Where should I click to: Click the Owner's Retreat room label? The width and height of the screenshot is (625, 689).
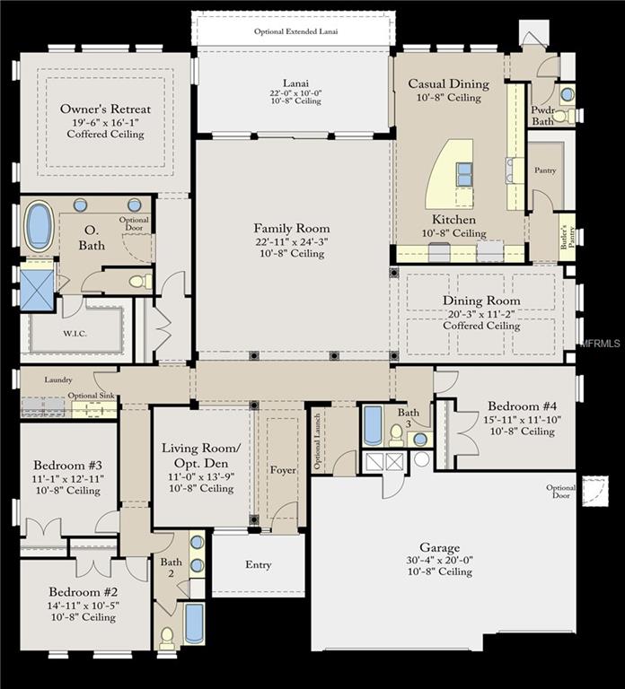click(x=105, y=109)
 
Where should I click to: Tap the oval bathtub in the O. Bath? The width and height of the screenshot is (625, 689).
click(x=39, y=226)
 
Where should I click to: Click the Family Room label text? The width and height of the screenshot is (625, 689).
click(x=291, y=229)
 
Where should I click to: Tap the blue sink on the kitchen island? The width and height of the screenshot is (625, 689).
click(x=464, y=174)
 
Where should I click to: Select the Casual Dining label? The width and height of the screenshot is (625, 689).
click(x=449, y=84)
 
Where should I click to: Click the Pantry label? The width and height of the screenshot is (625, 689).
click(x=545, y=170)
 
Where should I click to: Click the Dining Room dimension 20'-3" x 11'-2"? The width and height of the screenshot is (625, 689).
click(x=481, y=314)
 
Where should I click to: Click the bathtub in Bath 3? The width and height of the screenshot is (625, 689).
click(x=373, y=425)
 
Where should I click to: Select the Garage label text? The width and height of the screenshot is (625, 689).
click(x=439, y=547)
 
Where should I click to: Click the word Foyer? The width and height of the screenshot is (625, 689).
click(x=283, y=470)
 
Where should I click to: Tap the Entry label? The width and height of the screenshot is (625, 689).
click(x=259, y=565)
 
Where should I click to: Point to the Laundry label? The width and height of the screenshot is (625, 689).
click(x=58, y=379)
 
